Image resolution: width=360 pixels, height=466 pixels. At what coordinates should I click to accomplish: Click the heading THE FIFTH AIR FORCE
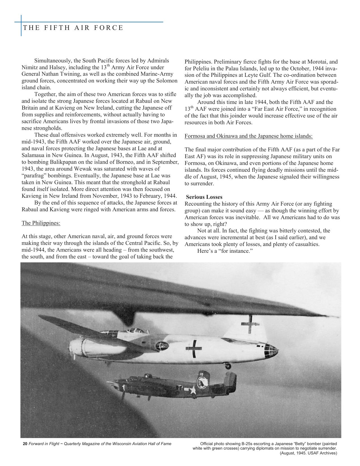[x=73, y=28]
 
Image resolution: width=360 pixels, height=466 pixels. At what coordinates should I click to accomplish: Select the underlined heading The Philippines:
[x=41, y=223]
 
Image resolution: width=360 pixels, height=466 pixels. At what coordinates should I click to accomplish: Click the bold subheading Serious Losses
[x=204, y=197]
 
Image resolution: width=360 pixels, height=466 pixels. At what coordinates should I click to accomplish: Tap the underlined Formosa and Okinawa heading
[x=248, y=136]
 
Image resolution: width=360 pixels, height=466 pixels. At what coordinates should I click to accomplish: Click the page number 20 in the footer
[x=25, y=444]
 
